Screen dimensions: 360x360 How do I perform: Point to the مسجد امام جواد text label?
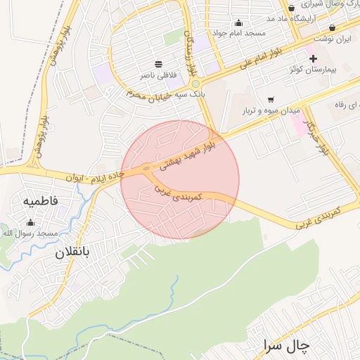(x=240, y=33)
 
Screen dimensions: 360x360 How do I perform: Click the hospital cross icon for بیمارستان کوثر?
(x=314, y=58)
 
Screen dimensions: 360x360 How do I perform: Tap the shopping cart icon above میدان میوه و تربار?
(x=271, y=99)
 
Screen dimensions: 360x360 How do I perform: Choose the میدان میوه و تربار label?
(x=271, y=110)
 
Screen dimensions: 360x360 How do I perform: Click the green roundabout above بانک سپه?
(x=195, y=84)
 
